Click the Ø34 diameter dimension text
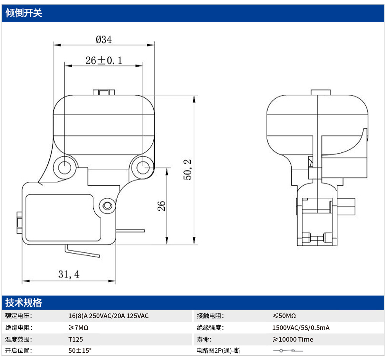point(104,39)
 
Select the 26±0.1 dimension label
point(104,60)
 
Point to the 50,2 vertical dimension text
point(188,170)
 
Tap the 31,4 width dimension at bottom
point(69,274)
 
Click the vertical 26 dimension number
point(162,206)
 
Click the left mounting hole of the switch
point(65,168)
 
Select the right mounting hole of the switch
point(142,167)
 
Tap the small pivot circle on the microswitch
point(107,205)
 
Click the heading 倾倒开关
point(24,13)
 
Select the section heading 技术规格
point(24,303)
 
